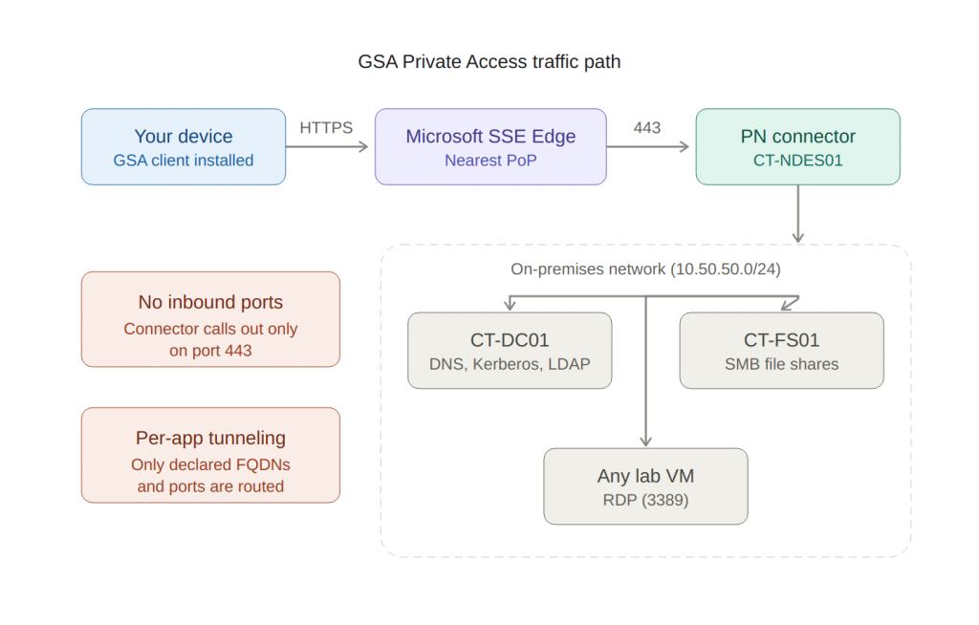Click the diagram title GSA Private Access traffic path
pyautogui.click(x=489, y=62)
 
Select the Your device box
pyautogui.click(x=184, y=146)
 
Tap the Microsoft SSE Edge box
pyautogui.click(x=490, y=146)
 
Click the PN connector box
pyautogui.click(x=797, y=146)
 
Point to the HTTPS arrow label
pyautogui.click(x=326, y=128)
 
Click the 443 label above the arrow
pyautogui.click(x=647, y=128)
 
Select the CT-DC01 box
pyautogui.click(x=510, y=351)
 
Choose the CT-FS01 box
pyautogui.click(x=781, y=351)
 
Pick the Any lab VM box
pyautogui.click(x=645, y=486)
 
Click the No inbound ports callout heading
pyautogui.click(x=210, y=303)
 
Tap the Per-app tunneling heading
pyautogui.click(x=210, y=439)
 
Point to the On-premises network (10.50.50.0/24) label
pyautogui.click(x=645, y=269)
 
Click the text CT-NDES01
pyautogui.click(x=797, y=161)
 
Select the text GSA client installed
pyautogui.click(x=184, y=161)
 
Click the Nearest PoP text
pyautogui.click(x=490, y=161)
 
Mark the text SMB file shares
pyautogui.click(x=781, y=364)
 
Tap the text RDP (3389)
pyautogui.click(x=645, y=500)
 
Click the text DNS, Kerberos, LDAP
pyautogui.click(x=510, y=364)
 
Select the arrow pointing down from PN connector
pyautogui.click(x=798, y=214)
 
